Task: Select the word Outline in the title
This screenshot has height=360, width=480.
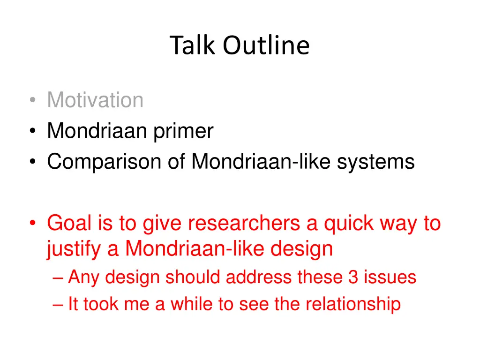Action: pos(266,46)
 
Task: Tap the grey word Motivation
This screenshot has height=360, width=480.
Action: pos(95,100)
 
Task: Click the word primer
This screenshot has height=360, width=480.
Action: pos(184,131)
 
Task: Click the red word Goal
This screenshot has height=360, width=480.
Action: pos(69,224)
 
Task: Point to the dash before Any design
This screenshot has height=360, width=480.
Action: pos(58,277)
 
